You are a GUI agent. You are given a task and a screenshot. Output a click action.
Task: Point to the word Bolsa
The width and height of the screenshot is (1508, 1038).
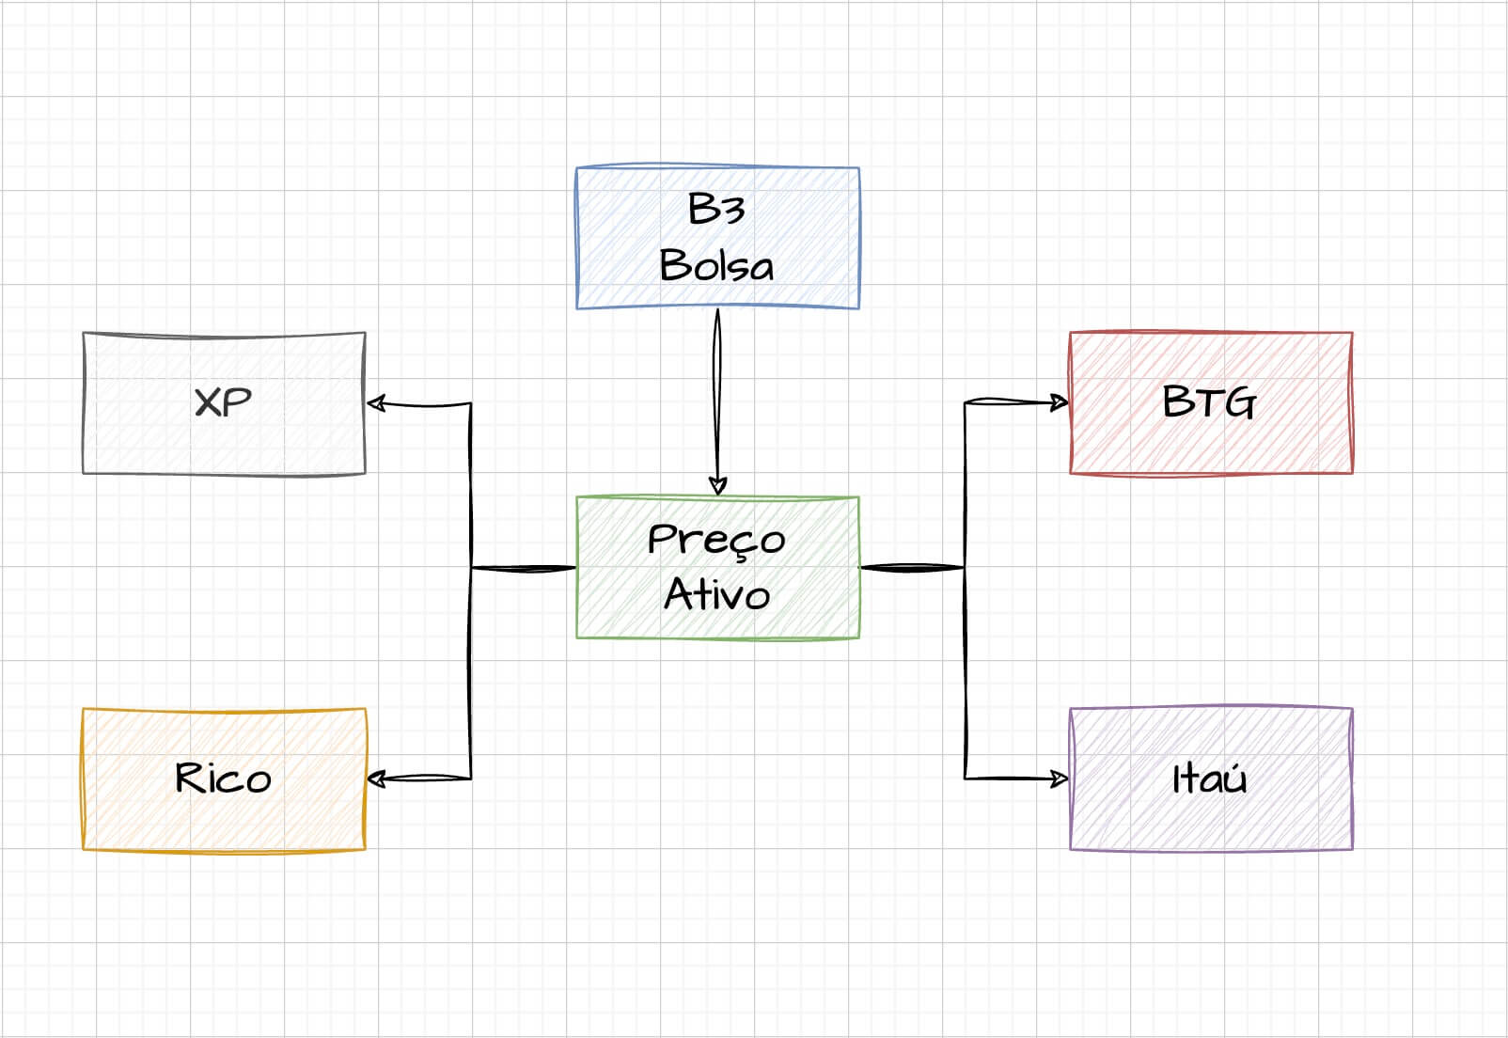pyautogui.click(x=716, y=265)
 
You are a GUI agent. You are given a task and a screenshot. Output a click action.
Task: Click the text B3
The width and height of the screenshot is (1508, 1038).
pyautogui.click(x=716, y=209)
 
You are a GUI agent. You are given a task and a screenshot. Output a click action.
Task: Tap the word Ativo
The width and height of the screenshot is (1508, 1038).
pyautogui.click(x=716, y=594)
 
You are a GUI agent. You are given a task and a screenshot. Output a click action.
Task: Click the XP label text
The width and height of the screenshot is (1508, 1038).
pyautogui.click(x=223, y=402)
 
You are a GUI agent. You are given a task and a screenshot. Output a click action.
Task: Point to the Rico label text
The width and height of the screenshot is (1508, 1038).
pyautogui.click(x=223, y=778)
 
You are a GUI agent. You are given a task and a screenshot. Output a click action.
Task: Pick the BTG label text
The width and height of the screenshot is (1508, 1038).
pyautogui.click(x=1209, y=402)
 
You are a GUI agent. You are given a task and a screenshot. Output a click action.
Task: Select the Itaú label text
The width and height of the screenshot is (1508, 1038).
pyautogui.click(x=1209, y=778)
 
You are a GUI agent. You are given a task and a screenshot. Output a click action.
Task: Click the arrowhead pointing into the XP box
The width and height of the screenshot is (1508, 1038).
pyautogui.click(x=376, y=403)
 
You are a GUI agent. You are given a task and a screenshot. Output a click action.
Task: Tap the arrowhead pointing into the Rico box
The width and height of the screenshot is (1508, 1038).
pyautogui.click(x=376, y=778)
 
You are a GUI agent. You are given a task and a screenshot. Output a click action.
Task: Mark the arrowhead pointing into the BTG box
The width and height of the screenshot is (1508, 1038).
pyautogui.click(x=1060, y=402)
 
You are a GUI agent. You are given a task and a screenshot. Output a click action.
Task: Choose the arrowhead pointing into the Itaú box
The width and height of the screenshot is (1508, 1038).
pyautogui.click(x=1060, y=778)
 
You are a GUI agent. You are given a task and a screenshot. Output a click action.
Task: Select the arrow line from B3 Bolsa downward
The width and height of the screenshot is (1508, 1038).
pyautogui.click(x=717, y=395)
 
